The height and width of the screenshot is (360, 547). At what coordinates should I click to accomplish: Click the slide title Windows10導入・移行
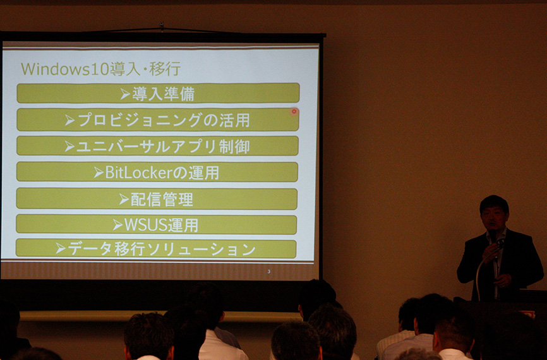click(100, 69)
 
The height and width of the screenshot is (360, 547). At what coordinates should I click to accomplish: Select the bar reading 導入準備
click(158, 93)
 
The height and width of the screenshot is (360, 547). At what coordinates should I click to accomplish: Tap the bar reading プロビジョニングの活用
click(158, 119)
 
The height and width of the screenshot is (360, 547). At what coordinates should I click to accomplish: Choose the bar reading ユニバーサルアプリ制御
click(157, 146)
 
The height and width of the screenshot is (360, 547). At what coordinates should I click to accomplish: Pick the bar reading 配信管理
click(157, 199)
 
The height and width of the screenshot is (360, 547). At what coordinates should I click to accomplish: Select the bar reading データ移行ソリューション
click(156, 249)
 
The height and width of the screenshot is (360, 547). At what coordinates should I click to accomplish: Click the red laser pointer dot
click(294, 111)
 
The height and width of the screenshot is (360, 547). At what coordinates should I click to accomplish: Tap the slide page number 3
click(268, 272)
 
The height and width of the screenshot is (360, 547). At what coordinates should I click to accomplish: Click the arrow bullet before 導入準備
click(125, 94)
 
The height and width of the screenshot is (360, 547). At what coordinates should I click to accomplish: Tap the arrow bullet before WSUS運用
click(117, 225)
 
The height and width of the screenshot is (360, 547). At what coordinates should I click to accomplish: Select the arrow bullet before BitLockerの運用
click(99, 172)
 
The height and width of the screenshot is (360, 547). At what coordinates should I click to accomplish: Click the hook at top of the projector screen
click(161, 26)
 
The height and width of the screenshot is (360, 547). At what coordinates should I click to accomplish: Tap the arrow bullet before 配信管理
click(124, 199)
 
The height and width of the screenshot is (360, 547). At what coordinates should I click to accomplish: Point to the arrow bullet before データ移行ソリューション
click(61, 248)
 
